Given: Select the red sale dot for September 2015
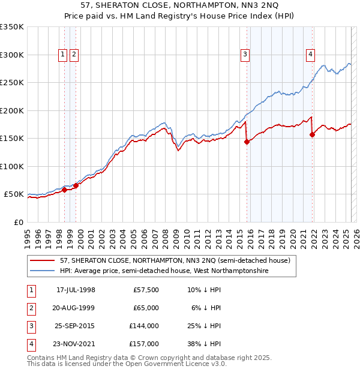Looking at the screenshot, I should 247,142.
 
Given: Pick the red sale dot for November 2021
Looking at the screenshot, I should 312,135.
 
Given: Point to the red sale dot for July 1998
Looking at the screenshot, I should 64,190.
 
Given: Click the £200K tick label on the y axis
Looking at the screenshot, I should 11,110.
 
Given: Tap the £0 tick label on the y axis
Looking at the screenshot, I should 18,222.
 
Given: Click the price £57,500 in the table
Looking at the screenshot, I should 146,290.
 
